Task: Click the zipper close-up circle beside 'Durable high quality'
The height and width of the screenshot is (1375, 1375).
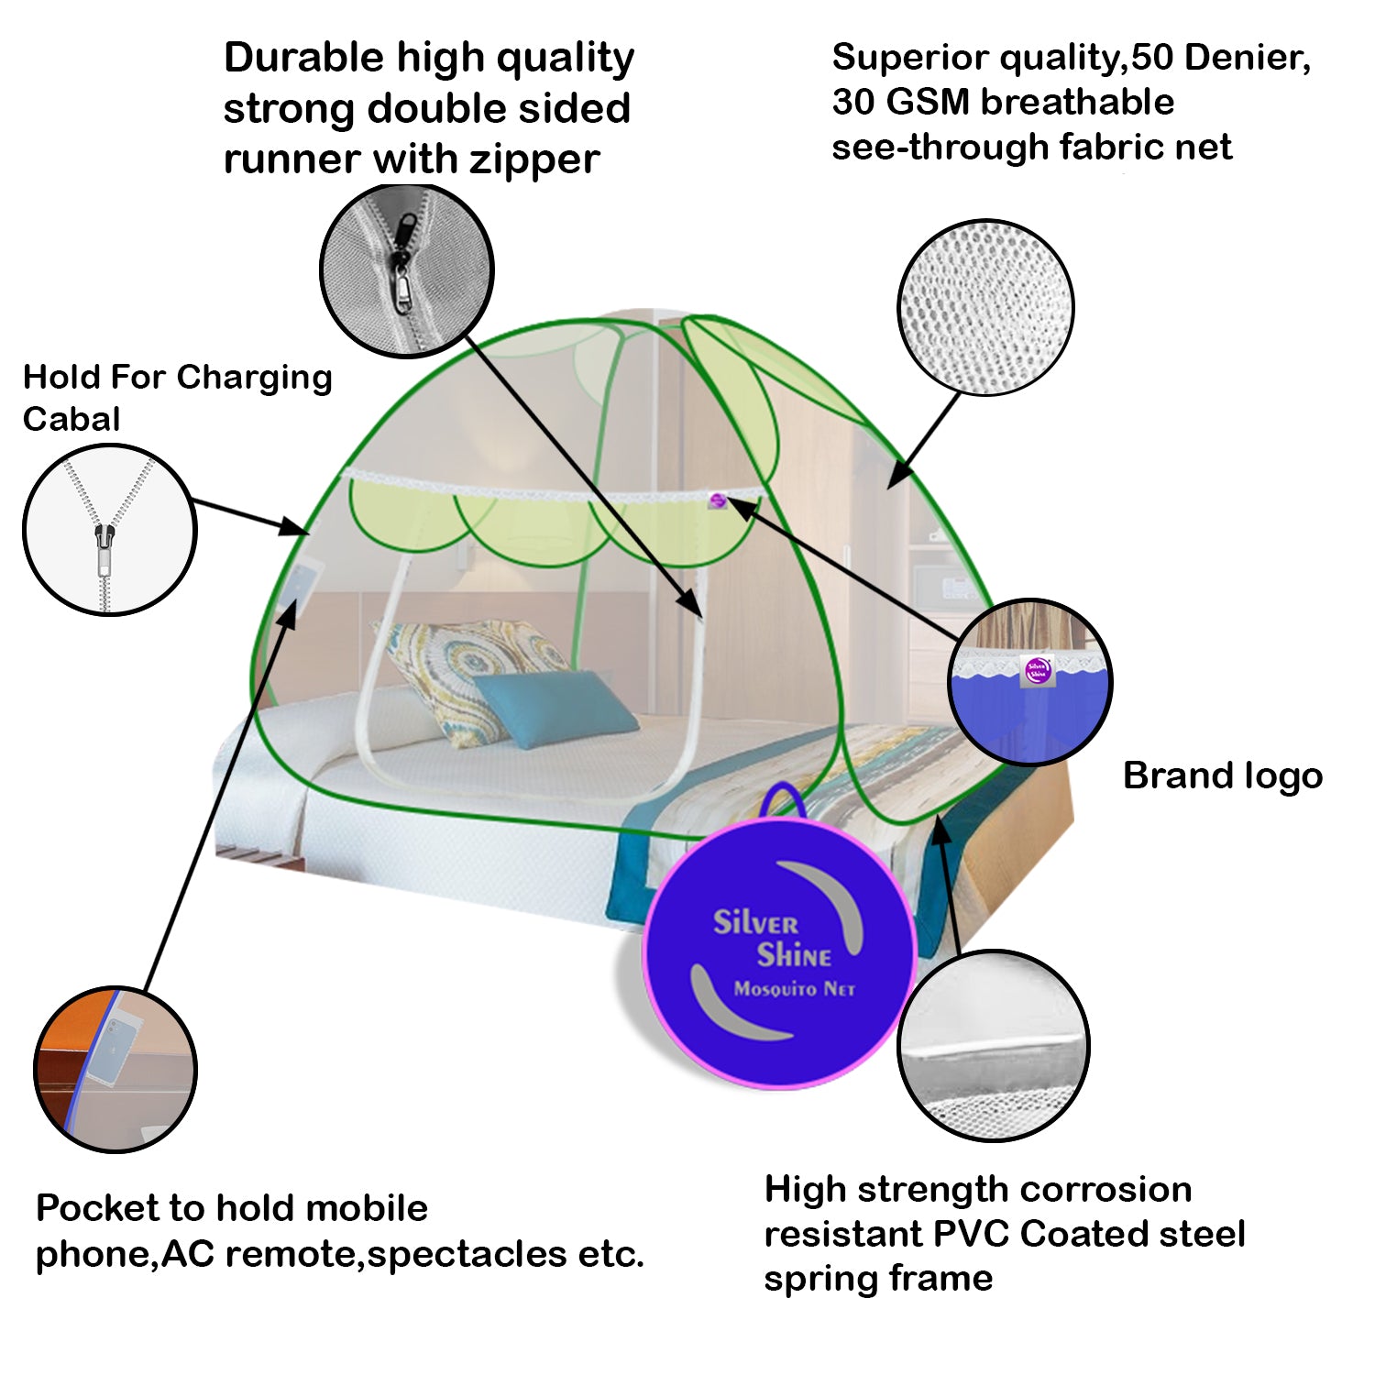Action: click(406, 270)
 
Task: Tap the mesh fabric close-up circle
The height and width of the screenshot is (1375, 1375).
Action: click(985, 307)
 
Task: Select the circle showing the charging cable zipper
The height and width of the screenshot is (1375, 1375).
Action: click(109, 529)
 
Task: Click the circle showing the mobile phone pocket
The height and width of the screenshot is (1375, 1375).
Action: click(115, 1070)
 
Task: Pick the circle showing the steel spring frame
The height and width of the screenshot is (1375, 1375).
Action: click(994, 1046)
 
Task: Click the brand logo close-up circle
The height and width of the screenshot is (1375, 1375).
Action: click(1030, 682)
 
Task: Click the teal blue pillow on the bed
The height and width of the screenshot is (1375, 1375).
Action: click(554, 706)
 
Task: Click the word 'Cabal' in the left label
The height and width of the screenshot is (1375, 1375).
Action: click(71, 419)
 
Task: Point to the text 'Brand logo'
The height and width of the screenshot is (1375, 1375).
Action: click(1223, 775)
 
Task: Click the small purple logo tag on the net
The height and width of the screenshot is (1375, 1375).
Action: click(719, 500)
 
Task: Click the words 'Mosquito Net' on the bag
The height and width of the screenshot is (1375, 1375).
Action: click(794, 989)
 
